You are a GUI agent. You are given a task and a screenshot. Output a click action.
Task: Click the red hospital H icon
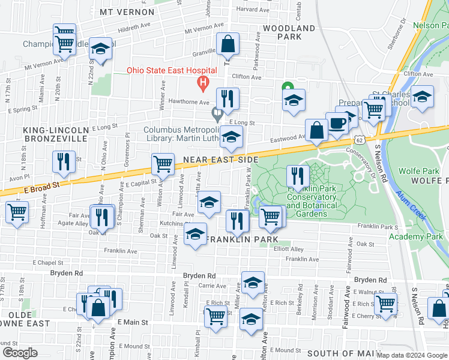pyautogui.click(x=203, y=82)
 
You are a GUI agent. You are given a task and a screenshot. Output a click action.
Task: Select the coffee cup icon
pyautogui.click(x=337, y=124)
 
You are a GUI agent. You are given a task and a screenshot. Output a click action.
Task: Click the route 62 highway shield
pyautogui.click(x=358, y=139)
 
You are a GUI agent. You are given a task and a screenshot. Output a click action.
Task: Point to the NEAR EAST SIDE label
pyautogui.click(x=220, y=160)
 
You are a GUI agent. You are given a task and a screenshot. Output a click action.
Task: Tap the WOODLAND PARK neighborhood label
pyautogui.click(x=289, y=32)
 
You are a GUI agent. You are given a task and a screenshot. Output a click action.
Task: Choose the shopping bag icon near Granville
pyautogui.click(x=228, y=44)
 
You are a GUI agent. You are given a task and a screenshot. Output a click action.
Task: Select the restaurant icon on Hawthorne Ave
pyautogui.click(x=228, y=98)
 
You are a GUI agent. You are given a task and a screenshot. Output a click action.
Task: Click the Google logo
pyautogui.click(x=19, y=353)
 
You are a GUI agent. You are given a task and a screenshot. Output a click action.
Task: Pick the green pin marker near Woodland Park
pyautogui.click(x=288, y=86)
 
